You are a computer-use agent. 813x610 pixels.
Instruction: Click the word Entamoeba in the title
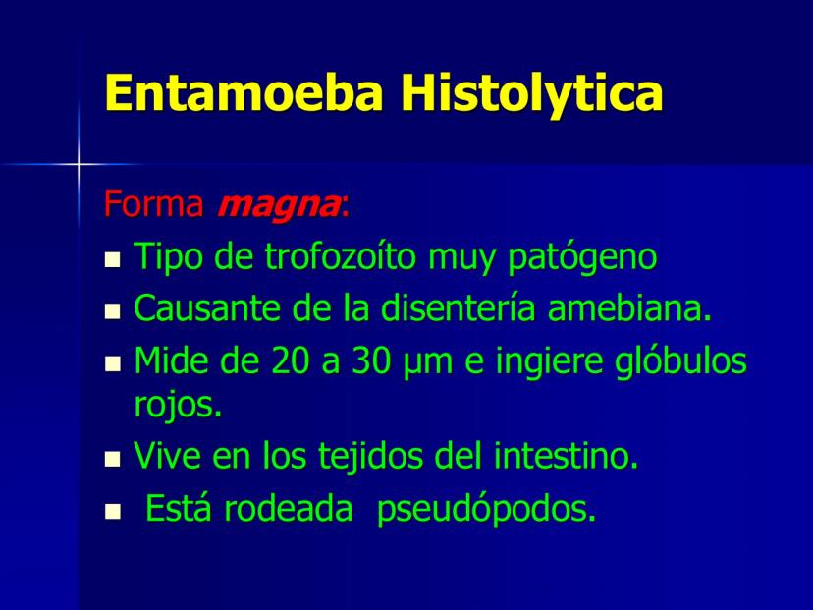pos(244,92)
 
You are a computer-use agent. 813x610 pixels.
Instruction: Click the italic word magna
pos(279,206)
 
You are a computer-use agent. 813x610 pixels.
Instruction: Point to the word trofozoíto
pos(340,255)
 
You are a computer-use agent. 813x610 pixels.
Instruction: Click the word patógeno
pos(581,257)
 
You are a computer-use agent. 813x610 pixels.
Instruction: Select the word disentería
pos(458,307)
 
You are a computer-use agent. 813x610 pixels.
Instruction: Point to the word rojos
pos(178,404)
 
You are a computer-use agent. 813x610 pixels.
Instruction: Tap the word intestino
pos(566,455)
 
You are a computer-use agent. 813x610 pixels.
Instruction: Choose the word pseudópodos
pos(486,509)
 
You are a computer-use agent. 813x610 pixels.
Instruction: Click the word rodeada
pos(288,508)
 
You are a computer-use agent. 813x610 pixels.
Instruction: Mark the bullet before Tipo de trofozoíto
pos(112,259)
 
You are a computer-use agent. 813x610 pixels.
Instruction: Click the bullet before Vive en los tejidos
pos(112,459)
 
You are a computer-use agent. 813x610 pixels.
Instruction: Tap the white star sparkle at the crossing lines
pos(79,165)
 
